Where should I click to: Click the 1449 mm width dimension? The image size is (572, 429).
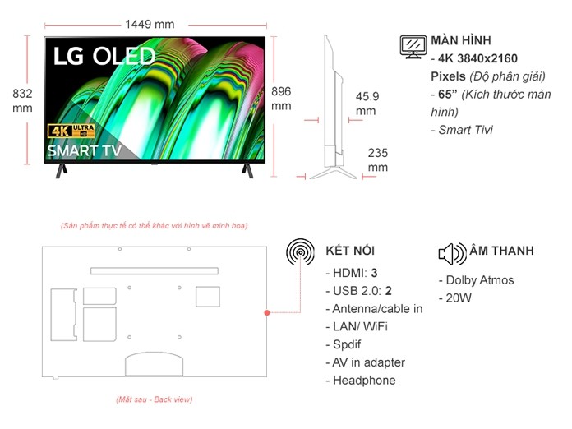150,24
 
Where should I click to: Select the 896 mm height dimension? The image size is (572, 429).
281,99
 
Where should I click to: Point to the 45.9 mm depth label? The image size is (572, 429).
367,104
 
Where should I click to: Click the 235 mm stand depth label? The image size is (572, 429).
377,159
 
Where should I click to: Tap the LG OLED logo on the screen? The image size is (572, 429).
104,56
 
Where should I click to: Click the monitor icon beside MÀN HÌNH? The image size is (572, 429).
413,46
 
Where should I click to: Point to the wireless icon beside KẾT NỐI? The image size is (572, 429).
300,251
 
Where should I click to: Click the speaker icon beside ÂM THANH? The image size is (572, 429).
453,252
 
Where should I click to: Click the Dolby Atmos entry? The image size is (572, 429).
476,280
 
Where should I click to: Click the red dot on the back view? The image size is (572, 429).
267,312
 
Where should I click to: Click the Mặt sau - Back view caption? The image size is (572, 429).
154,399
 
